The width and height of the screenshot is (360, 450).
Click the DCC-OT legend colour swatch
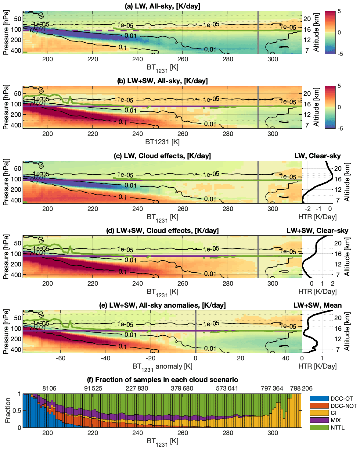319,398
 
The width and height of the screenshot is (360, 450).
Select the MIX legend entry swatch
319,420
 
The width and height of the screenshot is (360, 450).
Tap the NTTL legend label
337,427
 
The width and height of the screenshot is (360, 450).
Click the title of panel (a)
162,6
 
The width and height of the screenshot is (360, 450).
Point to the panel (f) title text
163,380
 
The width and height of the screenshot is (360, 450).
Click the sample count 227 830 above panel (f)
137,388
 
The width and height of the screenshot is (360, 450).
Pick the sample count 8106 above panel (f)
49,388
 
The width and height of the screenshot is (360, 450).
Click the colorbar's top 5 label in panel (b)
339,86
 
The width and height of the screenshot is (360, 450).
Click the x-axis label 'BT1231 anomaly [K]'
162,367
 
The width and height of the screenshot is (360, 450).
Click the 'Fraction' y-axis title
8,410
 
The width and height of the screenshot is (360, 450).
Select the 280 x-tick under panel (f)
228,433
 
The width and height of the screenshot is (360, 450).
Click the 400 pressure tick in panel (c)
16,200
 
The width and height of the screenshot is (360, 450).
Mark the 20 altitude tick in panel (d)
337,243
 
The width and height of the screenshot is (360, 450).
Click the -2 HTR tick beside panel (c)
308,209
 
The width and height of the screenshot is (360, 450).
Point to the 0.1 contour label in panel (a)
123,48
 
